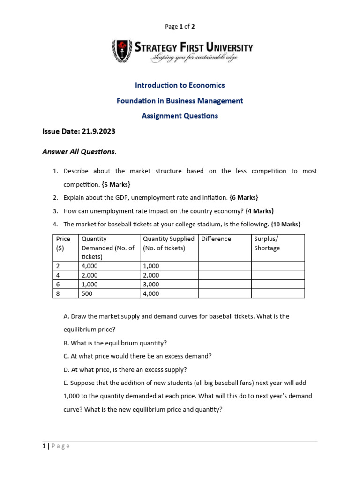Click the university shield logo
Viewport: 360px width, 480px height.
click(x=121, y=51)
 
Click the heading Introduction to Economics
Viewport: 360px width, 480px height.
click(x=180, y=85)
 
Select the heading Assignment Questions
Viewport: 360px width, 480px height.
click(x=180, y=116)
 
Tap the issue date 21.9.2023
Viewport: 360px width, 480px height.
click(x=98, y=132)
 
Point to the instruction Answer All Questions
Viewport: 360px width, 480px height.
click(x=79, y=151)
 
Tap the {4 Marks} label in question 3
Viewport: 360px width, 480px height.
click(x=260, y=211)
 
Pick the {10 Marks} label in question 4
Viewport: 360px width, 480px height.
click(x=285, y=225)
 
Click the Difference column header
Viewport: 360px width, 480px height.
click(x=216, y=239)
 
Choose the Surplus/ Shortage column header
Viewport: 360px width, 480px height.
click(x=266, y=243)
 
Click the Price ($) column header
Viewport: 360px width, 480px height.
click(x=63, y=243)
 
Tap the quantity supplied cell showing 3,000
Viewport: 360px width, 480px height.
click(x=151, y=285)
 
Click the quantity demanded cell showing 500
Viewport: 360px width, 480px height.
click(x=87, y=293)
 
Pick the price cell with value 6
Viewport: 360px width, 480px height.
click(x=58, y=285)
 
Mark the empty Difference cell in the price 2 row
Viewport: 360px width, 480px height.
click(x=225, y=266)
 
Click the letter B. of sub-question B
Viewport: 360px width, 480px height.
click(x=66, y=343)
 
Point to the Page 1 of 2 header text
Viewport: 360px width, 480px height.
click(x=180, y=27)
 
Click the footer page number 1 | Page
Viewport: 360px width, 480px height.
click(x=56, y=446)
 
